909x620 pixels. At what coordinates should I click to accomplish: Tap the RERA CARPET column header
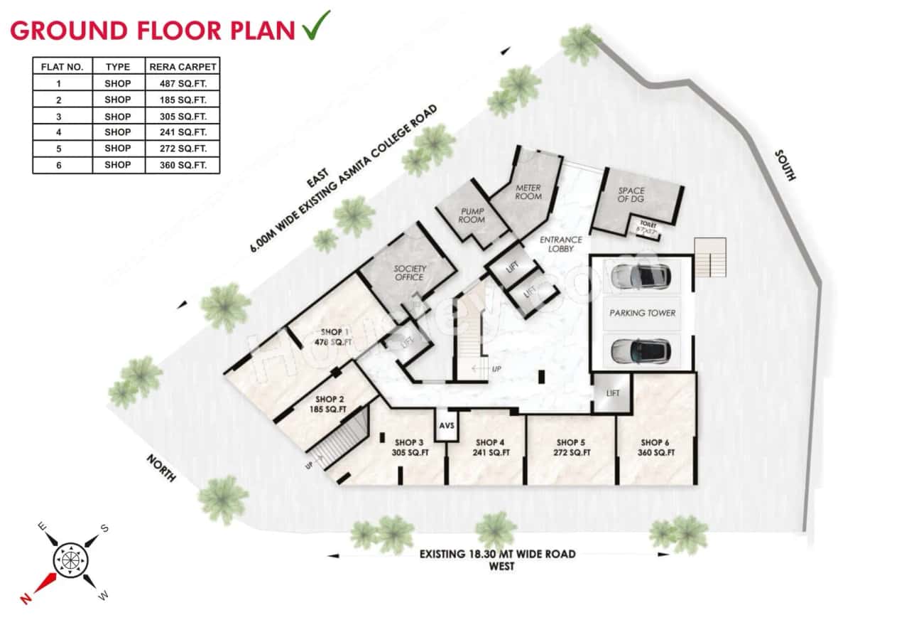click(x=183, y=67)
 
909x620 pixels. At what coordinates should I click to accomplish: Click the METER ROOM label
click(x=528, y=193)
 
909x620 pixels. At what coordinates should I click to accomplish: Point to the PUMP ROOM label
click(x=472, y=215)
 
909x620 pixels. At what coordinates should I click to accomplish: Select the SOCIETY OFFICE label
click(x=410, y=273)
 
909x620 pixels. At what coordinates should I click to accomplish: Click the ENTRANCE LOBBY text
click(x=561, y=245)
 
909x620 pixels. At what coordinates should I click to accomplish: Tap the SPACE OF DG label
click(x=631, y=196)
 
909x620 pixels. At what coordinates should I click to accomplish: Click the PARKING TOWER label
click(x=642, y=313)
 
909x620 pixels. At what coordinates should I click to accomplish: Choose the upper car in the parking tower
click(x=640, y=275)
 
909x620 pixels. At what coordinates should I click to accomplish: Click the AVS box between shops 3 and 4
click(x=447, y=425)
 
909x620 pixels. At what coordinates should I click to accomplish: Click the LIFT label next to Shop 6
click(x=613, y=393)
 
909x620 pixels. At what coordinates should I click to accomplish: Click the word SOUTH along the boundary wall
click(x=786, y=165)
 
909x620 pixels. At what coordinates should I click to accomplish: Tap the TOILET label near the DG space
click(x=644, y=223)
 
